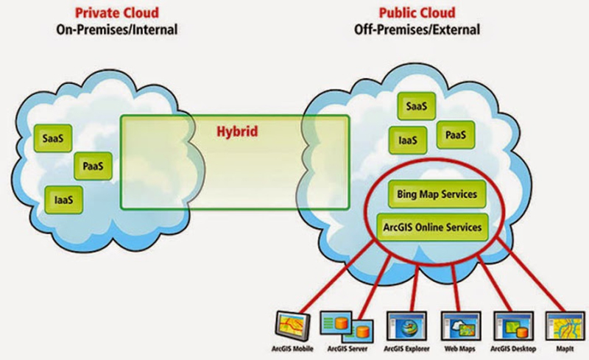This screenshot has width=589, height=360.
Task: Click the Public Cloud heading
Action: pyautogui.click(x=416, y=13)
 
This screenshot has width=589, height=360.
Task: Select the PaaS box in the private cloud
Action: pyautogui.click(x=92, y=167)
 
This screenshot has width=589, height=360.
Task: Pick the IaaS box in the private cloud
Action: pyautogui.click(x=63, y=198)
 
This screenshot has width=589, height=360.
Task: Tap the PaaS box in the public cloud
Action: pyautogui.click(x=455, y=135)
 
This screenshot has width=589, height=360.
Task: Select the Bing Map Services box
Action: pyautogui.click(x=432, y=194)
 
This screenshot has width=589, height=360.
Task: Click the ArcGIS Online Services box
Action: pyautogui.click(x=432, y=227)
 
